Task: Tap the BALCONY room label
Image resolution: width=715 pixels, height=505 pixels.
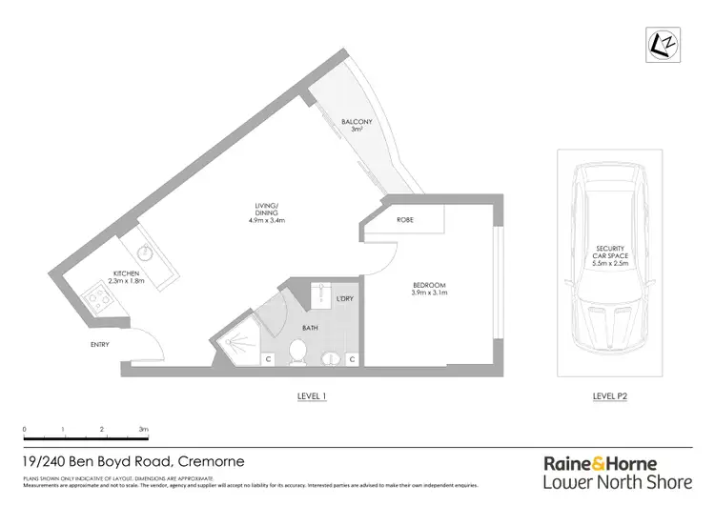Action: (x=357, y=122)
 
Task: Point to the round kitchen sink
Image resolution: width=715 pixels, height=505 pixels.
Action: (x=146, y=253)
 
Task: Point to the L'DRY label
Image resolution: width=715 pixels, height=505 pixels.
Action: (x=345, y=299)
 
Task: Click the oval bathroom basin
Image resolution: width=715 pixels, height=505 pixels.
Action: (x=332, y=359)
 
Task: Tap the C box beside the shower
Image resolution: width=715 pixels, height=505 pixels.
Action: (x=269, y=359)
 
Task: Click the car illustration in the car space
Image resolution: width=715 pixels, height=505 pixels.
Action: (x=609, y=256)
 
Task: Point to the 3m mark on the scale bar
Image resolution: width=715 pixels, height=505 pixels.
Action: (x=143, y=430)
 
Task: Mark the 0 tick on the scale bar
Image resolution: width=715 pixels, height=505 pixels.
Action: (x=25, y=430)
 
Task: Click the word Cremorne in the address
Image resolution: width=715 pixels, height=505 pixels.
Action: (x=211, y=461)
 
